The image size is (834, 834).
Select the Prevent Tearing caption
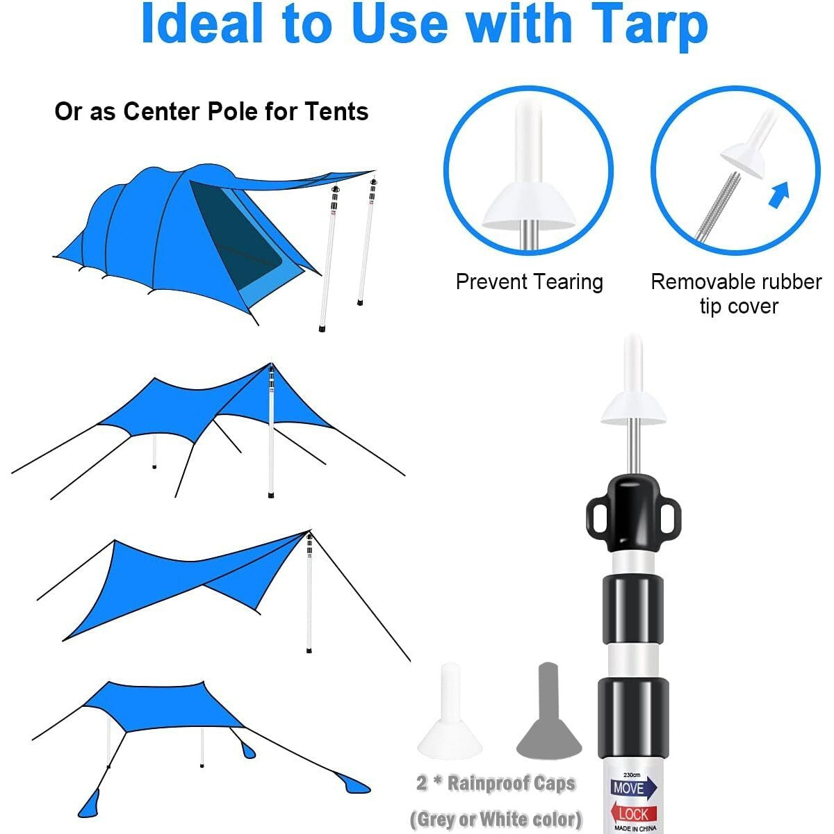click(529, 282)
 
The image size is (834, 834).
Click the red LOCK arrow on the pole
click(634, 813)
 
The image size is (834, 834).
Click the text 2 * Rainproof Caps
click(496, 783)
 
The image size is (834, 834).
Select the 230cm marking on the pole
click(632, 774)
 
